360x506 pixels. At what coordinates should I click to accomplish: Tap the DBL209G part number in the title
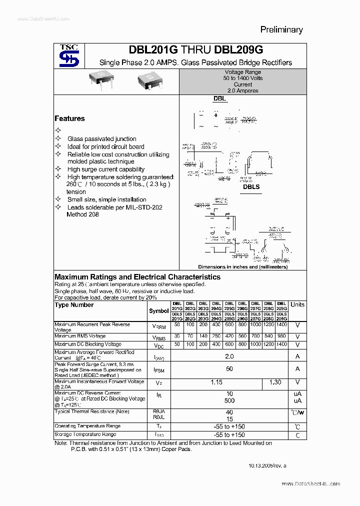238,50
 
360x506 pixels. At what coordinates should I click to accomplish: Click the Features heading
69,118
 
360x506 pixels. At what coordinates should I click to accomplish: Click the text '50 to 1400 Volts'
243,78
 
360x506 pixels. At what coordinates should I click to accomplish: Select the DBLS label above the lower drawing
251,186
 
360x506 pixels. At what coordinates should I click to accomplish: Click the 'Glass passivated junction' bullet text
101,139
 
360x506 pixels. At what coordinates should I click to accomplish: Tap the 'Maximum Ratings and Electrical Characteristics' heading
137,277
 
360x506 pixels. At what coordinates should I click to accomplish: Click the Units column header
297,304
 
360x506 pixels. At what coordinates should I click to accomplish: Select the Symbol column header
159,311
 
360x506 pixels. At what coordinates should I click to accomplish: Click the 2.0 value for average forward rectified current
229,356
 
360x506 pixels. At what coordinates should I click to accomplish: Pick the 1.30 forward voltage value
275,382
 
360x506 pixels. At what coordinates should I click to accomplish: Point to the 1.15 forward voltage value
216,382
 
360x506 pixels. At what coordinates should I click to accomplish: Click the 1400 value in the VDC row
281,344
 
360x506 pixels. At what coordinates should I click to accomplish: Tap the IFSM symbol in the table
159,369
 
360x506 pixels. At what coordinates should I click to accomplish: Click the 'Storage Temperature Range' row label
85,434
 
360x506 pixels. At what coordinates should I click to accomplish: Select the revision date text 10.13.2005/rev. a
267,465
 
